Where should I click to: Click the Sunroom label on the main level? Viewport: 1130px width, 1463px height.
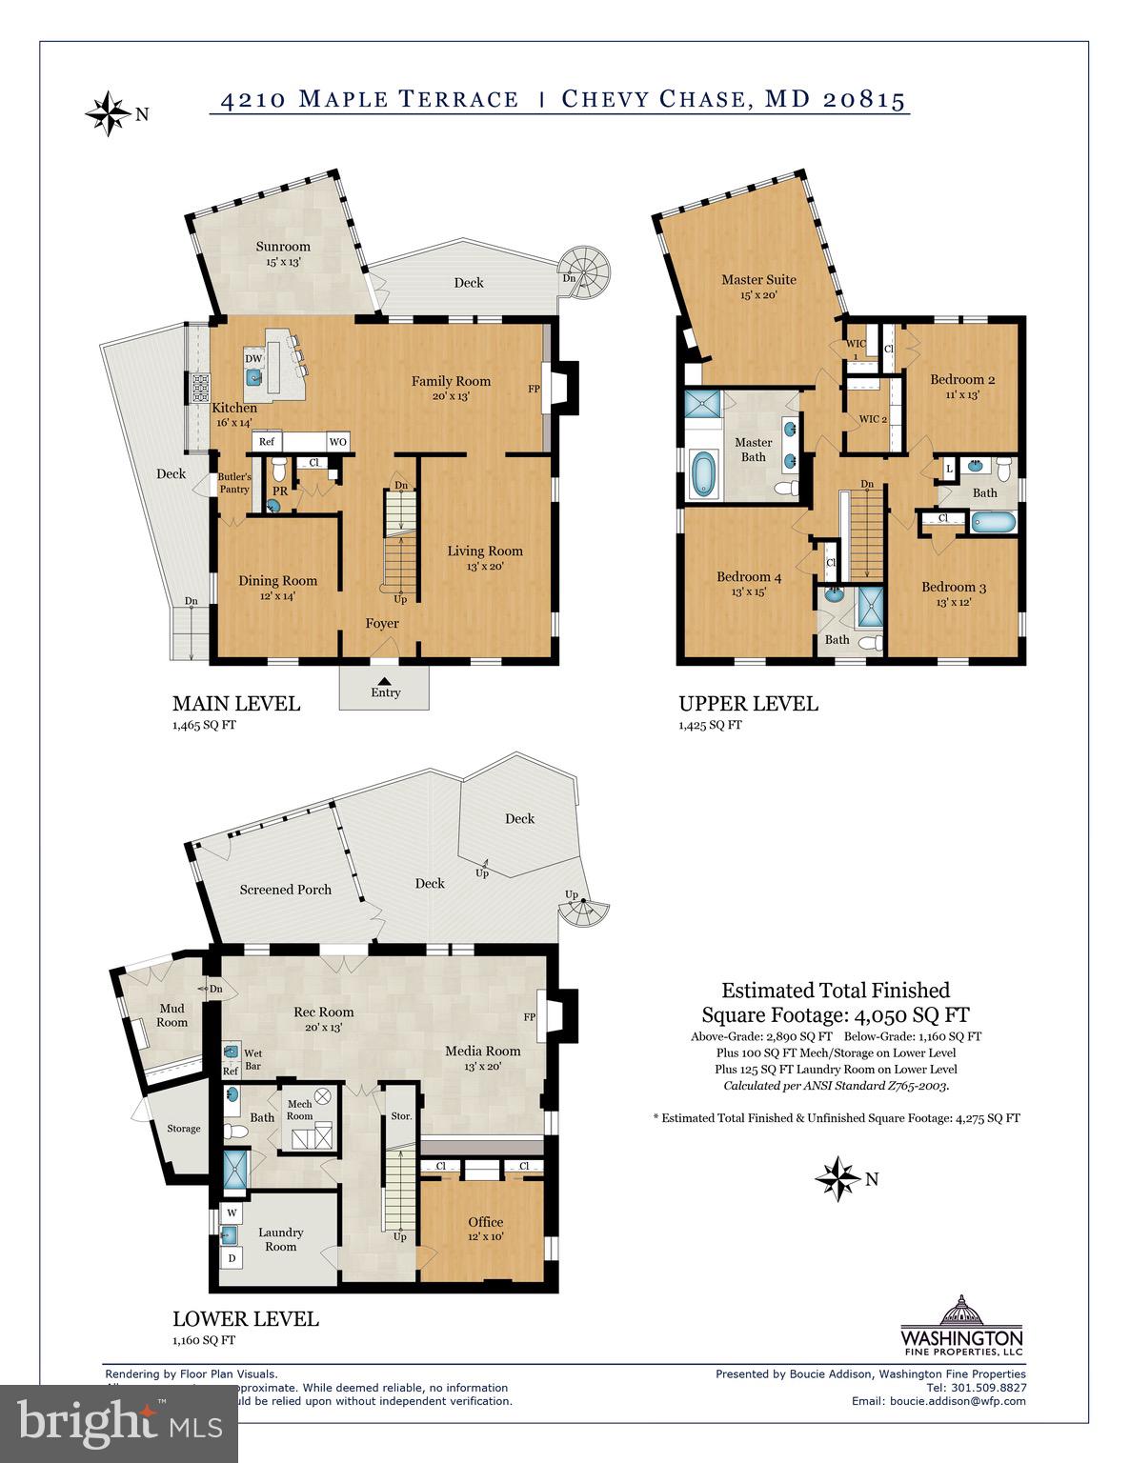coord(283,247)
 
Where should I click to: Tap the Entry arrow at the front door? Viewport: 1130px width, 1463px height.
coord(384,679)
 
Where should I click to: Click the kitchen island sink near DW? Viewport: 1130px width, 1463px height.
coord(254,377)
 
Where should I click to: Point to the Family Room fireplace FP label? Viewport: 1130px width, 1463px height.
coord(534,389)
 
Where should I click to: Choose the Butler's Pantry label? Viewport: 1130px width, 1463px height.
coord(234,483)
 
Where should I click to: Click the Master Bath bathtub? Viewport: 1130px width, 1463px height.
coord(703,473)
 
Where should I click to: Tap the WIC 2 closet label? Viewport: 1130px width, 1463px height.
coord(873,419)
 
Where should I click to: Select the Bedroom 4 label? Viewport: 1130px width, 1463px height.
coord(749,576)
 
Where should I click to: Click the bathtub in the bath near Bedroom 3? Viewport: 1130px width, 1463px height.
coord(994,523)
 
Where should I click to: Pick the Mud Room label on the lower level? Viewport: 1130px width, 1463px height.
coord(172,1015)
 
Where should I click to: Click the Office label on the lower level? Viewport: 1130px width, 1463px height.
coord(485,1222)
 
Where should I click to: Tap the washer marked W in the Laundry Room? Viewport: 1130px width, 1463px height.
coord(232,1213)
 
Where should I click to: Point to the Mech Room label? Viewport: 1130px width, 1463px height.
coord(299,1110)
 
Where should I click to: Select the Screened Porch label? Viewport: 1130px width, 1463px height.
coord(286,890)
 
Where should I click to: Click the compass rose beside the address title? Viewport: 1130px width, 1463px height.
coord(108,114)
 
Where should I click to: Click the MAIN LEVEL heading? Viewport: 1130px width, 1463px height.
coord(236,704)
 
